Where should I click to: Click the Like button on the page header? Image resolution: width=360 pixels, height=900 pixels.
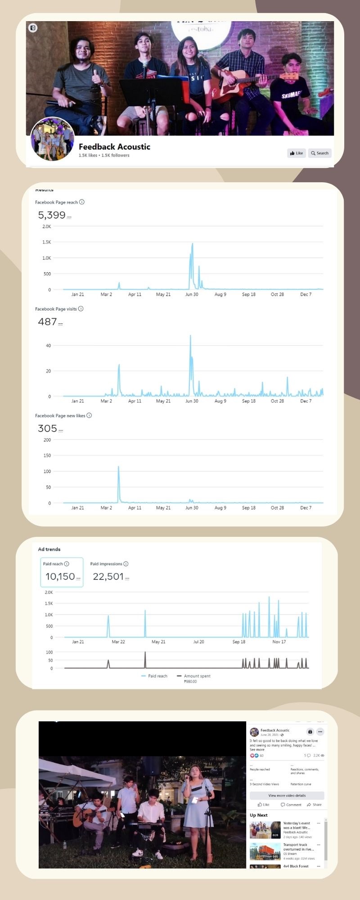(296, 153)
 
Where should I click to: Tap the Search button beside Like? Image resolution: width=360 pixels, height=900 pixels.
(320, 153)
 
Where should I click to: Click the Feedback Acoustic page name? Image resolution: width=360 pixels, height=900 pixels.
(114, 147)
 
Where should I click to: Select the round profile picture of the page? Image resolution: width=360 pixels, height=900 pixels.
(52, 139)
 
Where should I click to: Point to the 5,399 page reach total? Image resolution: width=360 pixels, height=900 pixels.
(52, 215)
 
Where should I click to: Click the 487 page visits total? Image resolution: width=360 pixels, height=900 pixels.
(47, 322)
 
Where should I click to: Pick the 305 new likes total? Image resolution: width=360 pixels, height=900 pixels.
(47, 428)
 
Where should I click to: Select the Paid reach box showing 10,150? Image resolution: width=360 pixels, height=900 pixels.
(62, 572)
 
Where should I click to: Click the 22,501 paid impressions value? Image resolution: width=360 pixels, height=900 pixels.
(108, 576)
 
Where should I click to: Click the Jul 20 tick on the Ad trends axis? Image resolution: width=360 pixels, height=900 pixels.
(198, 642)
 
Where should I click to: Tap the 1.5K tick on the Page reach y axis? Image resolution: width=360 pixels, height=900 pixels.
(46, 242)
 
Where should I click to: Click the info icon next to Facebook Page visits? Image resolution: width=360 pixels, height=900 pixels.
(81, 309)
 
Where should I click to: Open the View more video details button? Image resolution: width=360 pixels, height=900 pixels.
(287, 796)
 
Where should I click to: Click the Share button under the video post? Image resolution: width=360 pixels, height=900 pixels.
(314, 805)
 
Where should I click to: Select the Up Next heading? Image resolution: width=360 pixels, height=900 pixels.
(259, 815)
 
